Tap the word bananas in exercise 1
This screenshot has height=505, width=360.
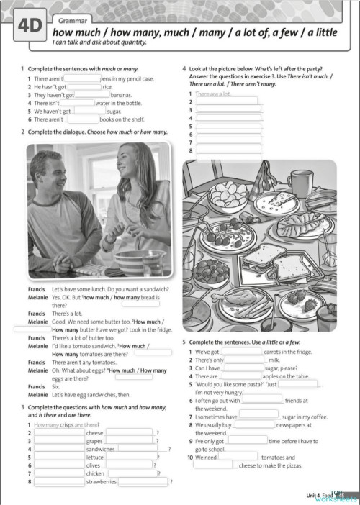122,94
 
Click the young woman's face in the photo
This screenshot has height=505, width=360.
131,172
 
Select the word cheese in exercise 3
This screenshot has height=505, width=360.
95,433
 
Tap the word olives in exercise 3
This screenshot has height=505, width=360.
94,465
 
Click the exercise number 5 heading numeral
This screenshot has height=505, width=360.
184,342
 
